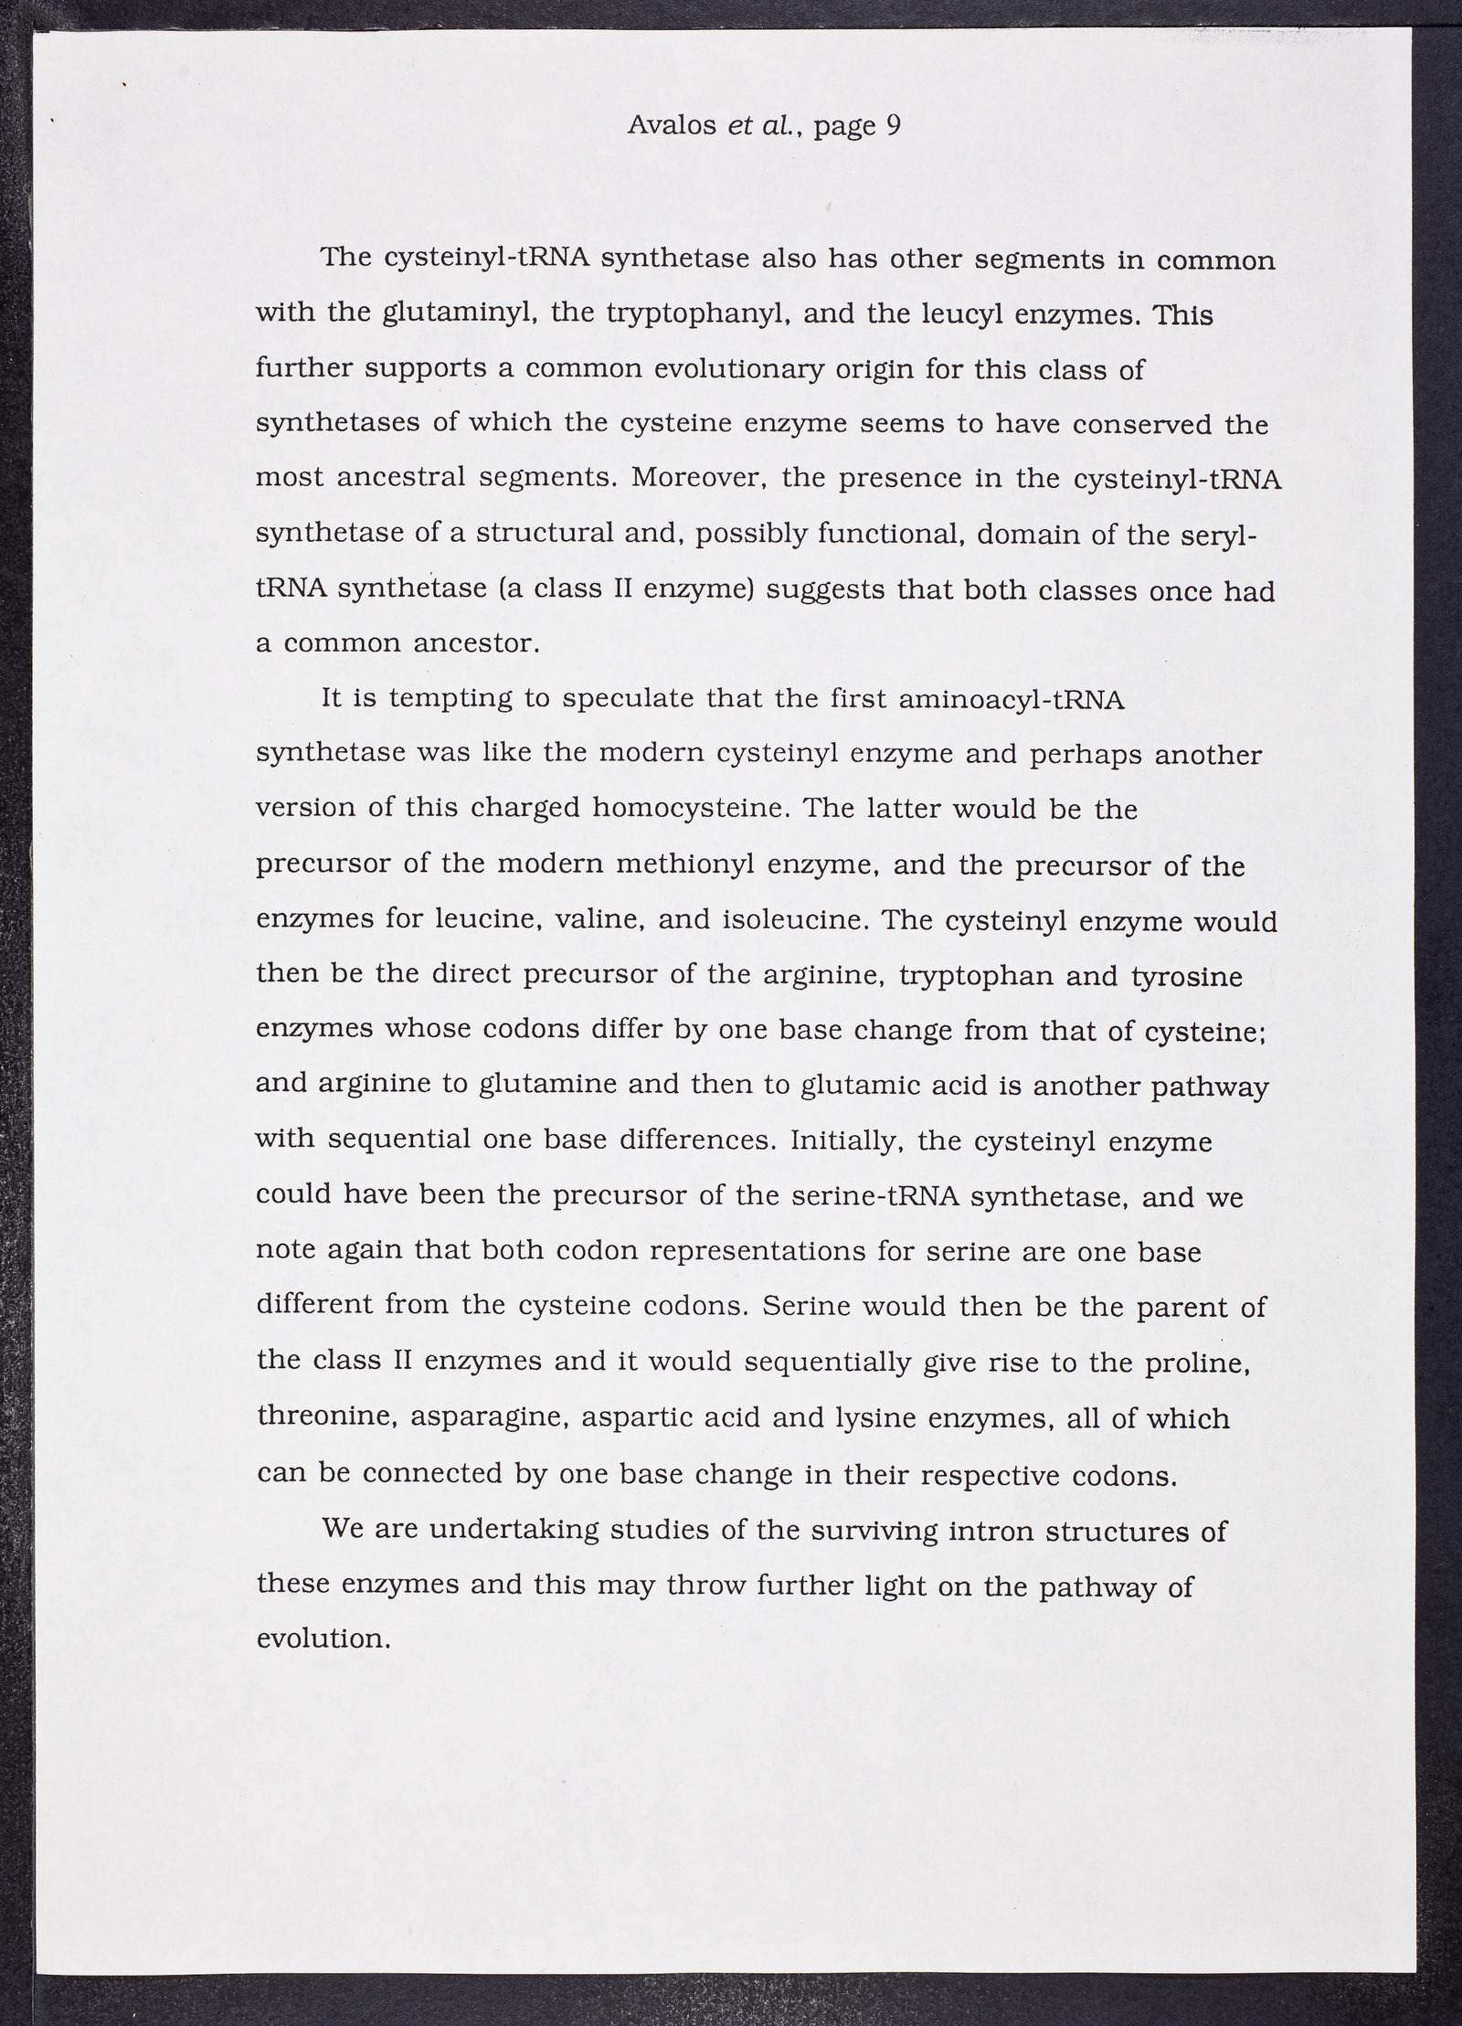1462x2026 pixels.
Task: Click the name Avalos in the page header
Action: pos(672,125)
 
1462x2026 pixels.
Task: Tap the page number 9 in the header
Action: pos(893,125)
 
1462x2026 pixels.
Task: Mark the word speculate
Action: pos(628,700)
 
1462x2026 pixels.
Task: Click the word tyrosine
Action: pos(1186,976)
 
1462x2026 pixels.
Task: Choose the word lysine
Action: pos(876,1417)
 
